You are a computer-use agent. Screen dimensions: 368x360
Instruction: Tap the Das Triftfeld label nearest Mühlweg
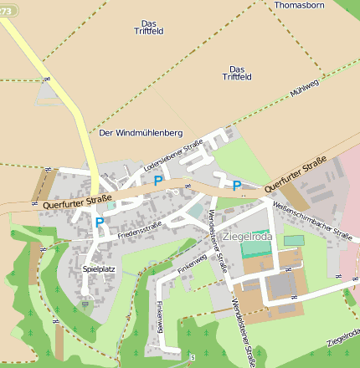(x=236, y=73)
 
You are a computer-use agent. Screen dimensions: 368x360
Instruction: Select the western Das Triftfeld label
(x=152, y=27)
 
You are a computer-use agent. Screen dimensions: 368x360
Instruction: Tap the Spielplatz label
(x=98, y=269)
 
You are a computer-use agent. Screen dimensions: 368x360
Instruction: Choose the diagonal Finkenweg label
(x=192, y=262)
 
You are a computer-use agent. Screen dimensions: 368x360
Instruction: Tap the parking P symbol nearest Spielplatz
(x=100, y=222)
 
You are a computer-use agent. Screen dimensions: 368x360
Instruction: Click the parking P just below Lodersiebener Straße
(x=157, y=180)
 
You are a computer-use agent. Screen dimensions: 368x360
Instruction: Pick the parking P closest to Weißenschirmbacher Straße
(x=237, y=186)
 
